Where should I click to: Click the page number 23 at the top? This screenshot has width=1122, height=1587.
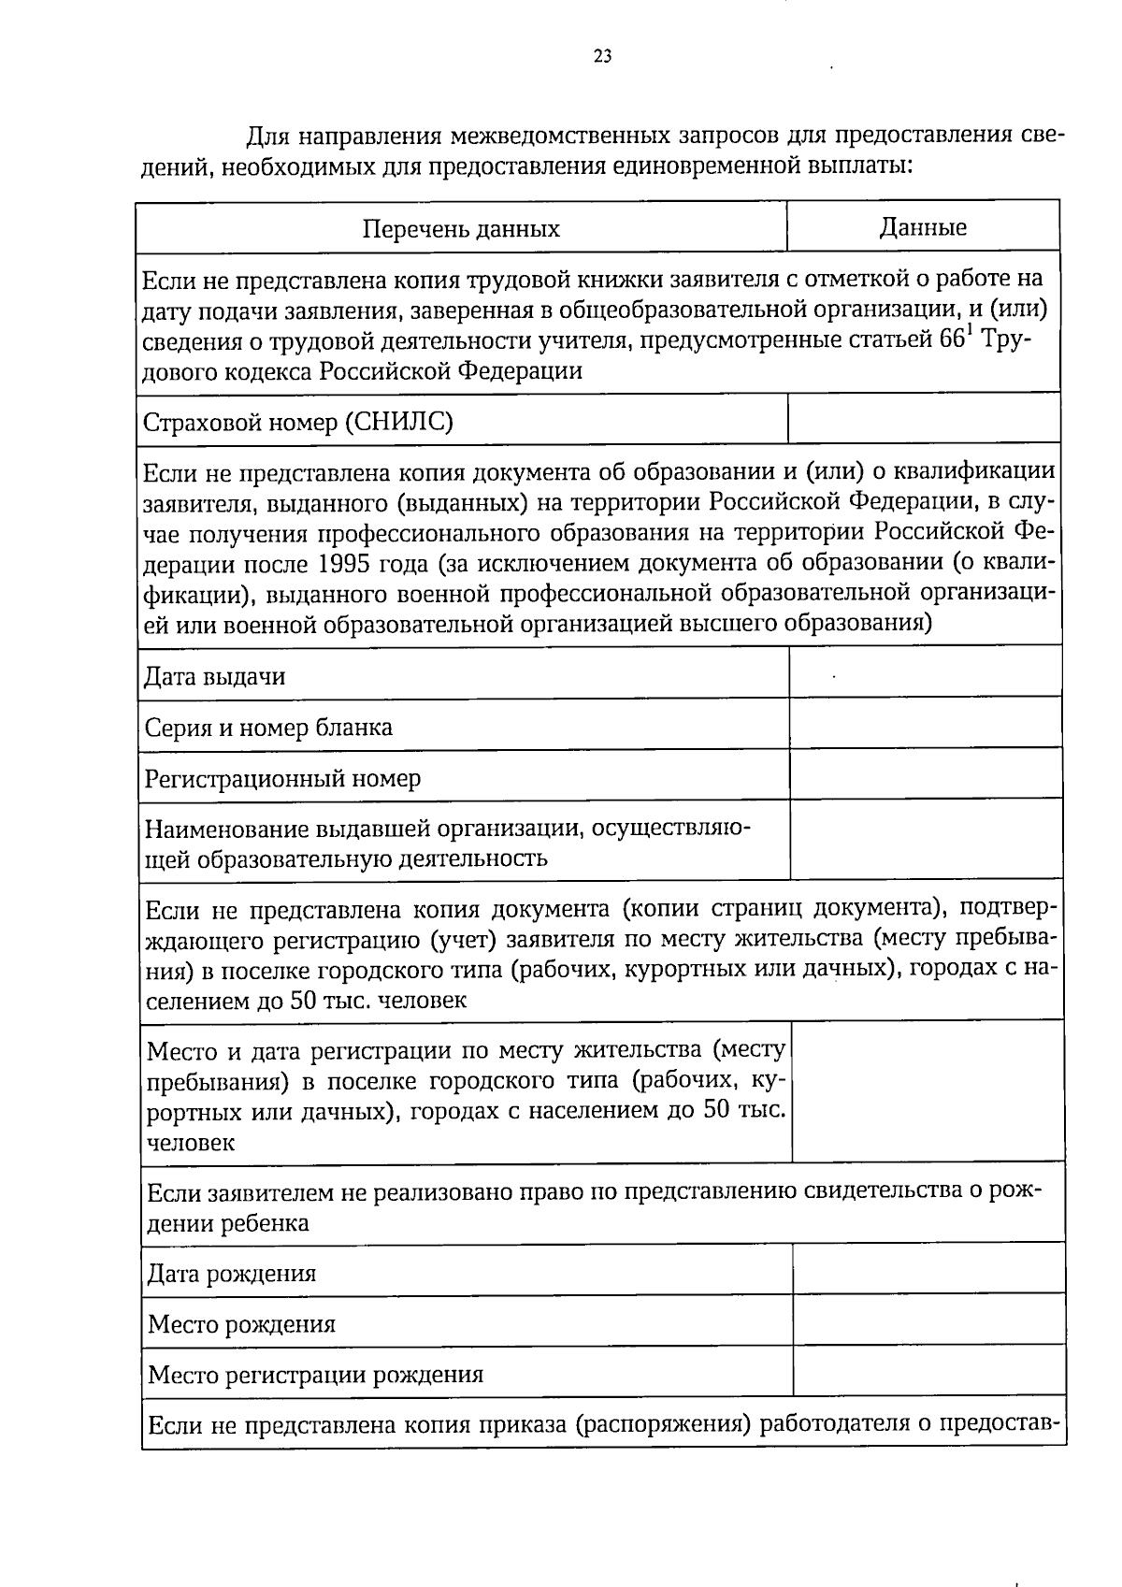(602, 57)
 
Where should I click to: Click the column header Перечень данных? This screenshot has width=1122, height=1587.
(461, 229)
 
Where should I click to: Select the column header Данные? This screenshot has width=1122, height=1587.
(922, 227)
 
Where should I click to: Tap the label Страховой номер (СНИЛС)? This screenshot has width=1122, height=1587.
(298, 423)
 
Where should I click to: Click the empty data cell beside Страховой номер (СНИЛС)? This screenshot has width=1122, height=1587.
(924, 418)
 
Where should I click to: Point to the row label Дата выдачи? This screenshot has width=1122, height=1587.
(215, 676)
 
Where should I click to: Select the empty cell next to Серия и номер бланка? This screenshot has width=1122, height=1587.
(926, 723)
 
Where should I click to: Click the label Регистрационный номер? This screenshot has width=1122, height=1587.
(282, 778)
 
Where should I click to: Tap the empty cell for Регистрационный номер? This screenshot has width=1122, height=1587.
(926, 773)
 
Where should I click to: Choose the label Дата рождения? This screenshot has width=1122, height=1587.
(232, 1274)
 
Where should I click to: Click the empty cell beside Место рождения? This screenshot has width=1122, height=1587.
(928, 1320)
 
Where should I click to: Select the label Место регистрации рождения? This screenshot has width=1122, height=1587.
(316, 1375)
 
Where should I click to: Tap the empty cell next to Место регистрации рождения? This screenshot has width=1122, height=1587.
(928, 1371)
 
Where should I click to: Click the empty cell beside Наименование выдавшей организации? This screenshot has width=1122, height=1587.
(927, 839)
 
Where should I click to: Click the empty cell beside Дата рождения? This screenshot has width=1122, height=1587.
(928, 1269)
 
